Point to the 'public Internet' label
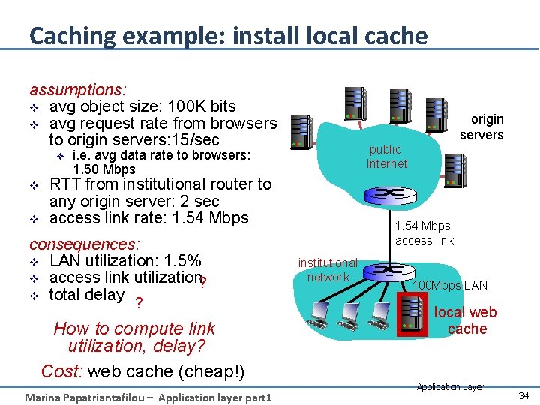[x=386, y=156]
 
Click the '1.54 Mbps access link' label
[x=424, y=232]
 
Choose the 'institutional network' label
[x=328, y=270]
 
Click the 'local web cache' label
[x=466, y=320]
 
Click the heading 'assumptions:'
[x=77, y=89]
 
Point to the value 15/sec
[x=195, y=140]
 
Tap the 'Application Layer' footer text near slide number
[x=450, y=386]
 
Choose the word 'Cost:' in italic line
[x=62, y=371]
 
